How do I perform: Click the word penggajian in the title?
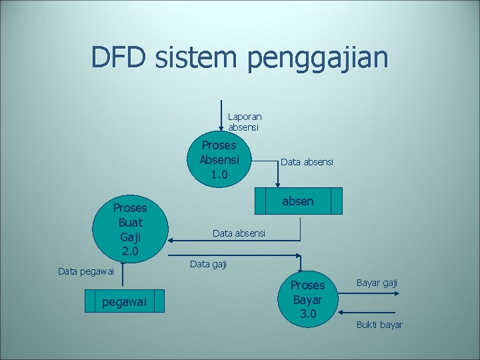(317, 59)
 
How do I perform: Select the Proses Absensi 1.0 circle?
(219, 160)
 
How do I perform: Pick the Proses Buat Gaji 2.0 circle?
(130, 229)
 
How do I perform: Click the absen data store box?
(298, 201)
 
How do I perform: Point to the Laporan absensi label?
(245, 121)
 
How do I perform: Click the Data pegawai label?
(86, 271)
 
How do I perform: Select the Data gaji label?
(208, 265)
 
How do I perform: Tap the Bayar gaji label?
(377, 283)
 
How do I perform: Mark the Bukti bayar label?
(379, 325)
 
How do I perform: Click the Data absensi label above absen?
(307, 162)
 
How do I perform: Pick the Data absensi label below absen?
(239, 233)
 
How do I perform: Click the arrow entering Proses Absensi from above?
(221, 113)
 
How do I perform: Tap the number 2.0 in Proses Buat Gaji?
(130, 251)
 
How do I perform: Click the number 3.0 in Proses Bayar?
(307, 313)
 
